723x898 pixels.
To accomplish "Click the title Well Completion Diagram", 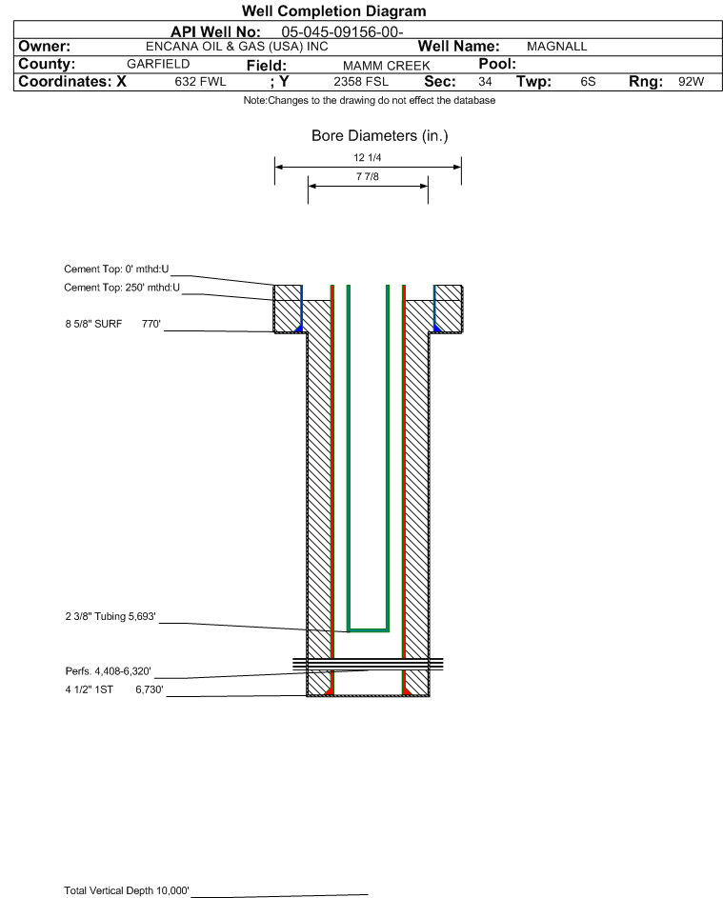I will pyautogui.click(x=333, y=11).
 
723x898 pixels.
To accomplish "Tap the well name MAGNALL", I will pyautogui.click(x=557, y=46).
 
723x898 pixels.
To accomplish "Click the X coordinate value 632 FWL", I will pyautogui.click(x=200, y=82).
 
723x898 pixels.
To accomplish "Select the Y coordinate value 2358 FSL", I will pyautogui.click(x=358, y=82).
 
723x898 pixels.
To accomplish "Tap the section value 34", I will pyautogui.click(x=485, y=82).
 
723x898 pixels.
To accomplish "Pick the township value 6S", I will pyautogui.click(x=588, y=82).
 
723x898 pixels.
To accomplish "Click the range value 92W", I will pyautogui.click(x=691, y=82).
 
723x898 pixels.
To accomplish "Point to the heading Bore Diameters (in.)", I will pyautogui.click(x=379, y=136).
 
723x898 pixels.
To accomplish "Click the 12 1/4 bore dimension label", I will pyautogui.click(x=368, y=158).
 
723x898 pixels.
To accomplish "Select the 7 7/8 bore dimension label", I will pyautogui.click(x=368, y=177).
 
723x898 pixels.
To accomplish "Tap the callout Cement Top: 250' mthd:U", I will pyautogui.click(x=122, y=287).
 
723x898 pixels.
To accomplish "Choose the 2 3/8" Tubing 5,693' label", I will pyautogui.click(x=110, y=616).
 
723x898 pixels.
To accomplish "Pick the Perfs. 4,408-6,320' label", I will pyautogui.click(x=109, y=671).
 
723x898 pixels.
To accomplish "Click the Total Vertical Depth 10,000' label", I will pyautogui.click(x=127, y=890).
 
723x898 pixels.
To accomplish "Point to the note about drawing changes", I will pyautogui.click(x=369, y=101).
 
